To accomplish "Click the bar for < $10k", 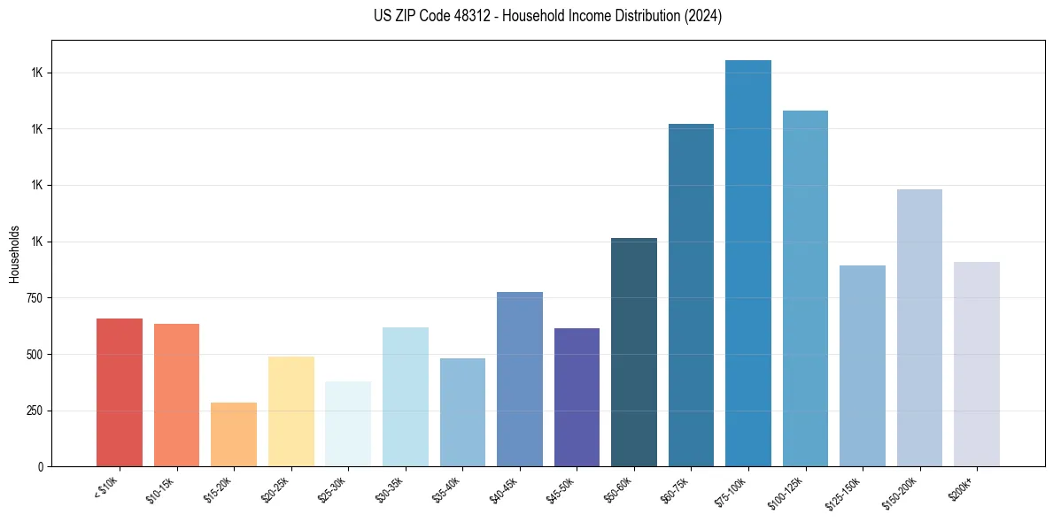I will tap(119, 392).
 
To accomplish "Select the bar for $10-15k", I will tap(176, 395).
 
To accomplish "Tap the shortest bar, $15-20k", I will tap(234, 434).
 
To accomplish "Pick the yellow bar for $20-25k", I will tap(290, 411).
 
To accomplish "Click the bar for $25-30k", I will tap(348, 424).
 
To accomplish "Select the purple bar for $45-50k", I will tap(577, 397).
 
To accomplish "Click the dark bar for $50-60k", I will tap(634, 352).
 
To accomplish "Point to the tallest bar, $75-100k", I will tap(748, 263).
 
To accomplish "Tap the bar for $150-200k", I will tap(919, 327).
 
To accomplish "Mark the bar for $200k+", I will tap(977, 364).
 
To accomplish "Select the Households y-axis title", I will tap(14, 253).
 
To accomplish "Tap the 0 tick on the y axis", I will tap(41, 466).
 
